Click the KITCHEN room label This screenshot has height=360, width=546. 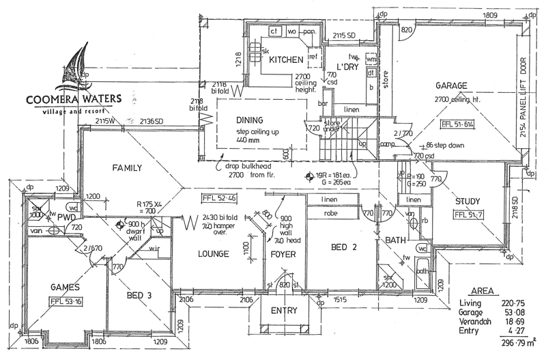[285, 61]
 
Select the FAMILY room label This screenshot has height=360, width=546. [127, 167]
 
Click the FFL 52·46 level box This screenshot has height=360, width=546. [218, 199]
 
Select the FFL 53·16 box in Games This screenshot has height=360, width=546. [67, 301]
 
